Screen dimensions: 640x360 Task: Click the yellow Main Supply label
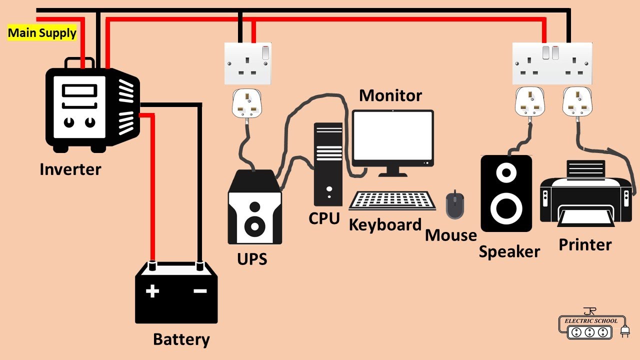click(x=42, y=33)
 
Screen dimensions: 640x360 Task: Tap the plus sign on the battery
click(x=152, y=291)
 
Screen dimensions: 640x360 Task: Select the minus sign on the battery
click(x=200, y=291)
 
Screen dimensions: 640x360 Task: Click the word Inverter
click(x=70, y=169)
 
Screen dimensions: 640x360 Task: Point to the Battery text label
click(x=181, y=339)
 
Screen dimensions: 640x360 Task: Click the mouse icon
click(x=455, y=204)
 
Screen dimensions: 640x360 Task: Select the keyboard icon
click(x=392, y=200)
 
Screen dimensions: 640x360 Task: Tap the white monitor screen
click(x=393, y=135)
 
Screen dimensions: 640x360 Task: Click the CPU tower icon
click(x=328, y=164)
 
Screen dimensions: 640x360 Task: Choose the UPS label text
click(x=252, y=259)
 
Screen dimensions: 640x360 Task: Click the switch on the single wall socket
click(x=265, y=53)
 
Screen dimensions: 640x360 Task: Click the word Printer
click(x=585, y=245)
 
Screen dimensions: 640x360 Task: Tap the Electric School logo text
click(x=591, y=321)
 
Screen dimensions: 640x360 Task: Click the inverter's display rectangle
click(x=79, y=90)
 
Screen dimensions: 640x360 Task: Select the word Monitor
click(x=390, y=95)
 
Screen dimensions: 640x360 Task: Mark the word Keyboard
click(x=385, y=225)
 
